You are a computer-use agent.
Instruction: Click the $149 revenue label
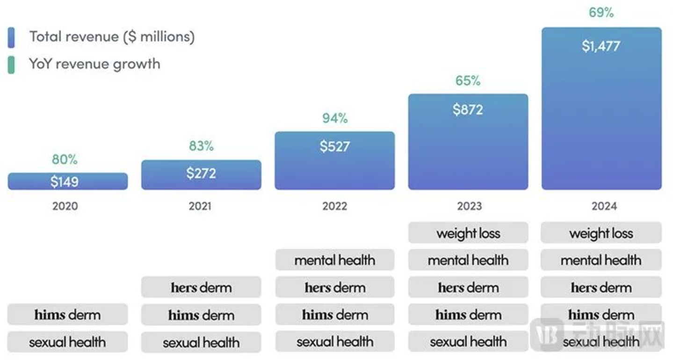65,181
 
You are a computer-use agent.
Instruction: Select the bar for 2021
201,175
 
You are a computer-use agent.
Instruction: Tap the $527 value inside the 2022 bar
335,146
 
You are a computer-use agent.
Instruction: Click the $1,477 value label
601,46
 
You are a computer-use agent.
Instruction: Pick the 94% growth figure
335,118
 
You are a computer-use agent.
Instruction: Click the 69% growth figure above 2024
601,13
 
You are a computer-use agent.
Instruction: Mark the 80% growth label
65,159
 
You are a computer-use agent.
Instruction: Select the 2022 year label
335,206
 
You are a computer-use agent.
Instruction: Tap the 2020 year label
65,206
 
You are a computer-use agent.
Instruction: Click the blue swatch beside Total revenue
11,37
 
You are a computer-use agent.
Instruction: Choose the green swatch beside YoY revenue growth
11,65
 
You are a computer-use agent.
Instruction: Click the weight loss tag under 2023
468,233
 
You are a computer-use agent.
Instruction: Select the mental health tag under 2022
335,260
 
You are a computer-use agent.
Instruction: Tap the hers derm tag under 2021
201,287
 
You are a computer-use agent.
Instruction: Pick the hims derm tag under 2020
67,315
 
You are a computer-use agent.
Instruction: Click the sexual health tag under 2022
335,342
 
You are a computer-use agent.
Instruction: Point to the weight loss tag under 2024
601,233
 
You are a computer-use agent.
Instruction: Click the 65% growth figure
468,81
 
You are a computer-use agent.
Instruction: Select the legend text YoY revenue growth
94,64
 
